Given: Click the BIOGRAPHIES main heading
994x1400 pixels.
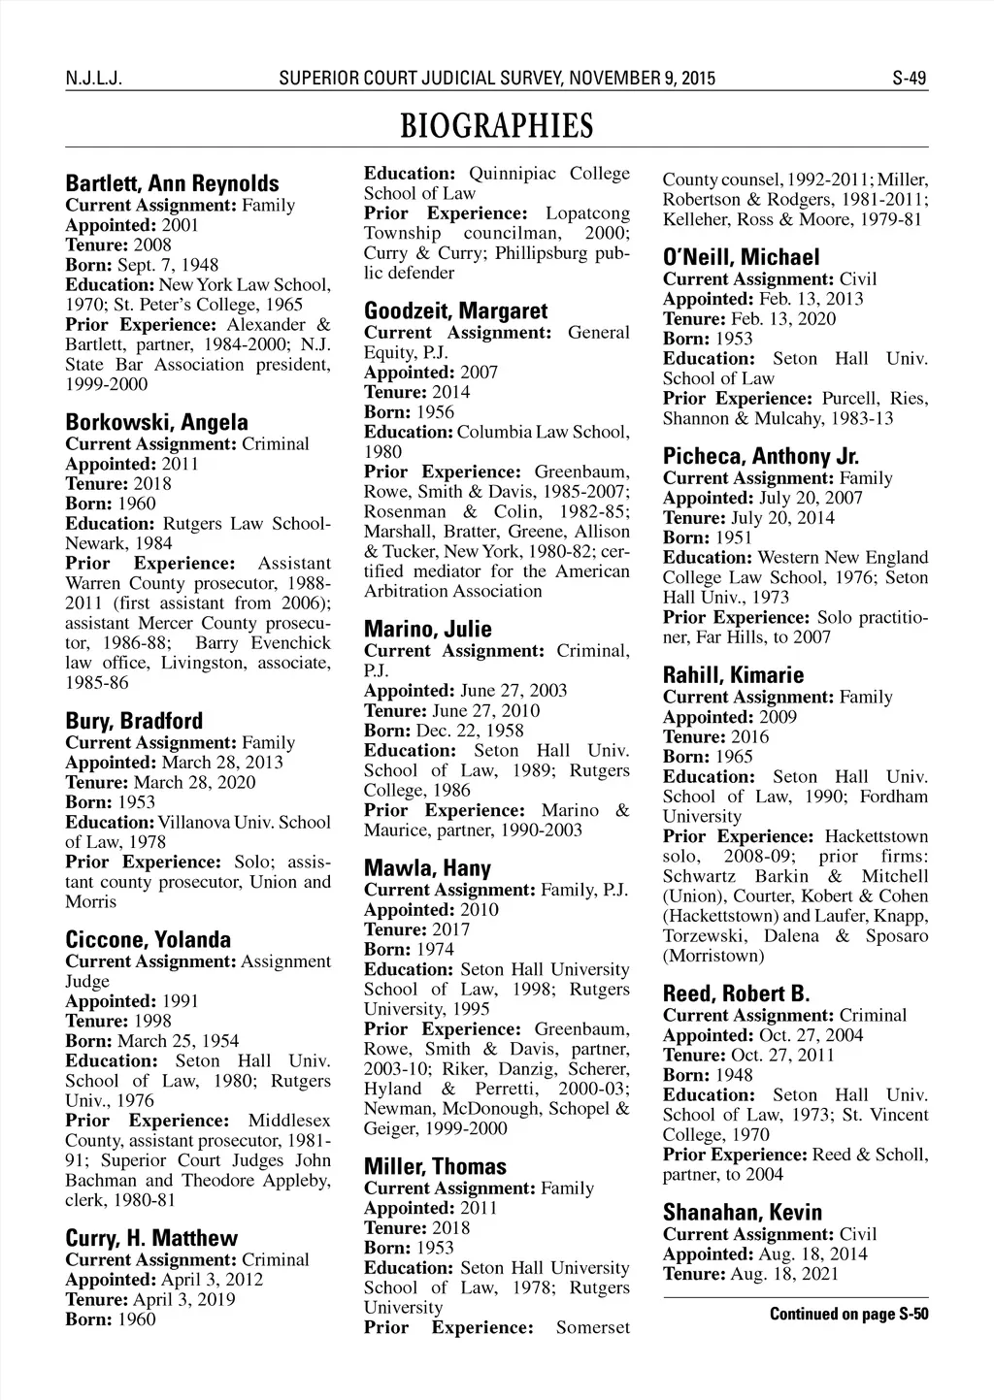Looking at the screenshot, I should coord(496,126).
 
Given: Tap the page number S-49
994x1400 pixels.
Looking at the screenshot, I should coord(910,79).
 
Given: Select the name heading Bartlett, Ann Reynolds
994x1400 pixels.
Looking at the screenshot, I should coord(172,183).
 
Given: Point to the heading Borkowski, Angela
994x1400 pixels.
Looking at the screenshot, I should coord(156,422).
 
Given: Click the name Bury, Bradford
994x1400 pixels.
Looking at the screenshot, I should coord(134,721).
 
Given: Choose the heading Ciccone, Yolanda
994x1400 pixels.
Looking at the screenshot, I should coord(148,939).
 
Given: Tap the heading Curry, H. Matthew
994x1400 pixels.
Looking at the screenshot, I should coord(150,1238).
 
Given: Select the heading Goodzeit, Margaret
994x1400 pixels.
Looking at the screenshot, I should coord(455,310).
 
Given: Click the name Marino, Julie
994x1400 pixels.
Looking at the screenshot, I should coord(427,629).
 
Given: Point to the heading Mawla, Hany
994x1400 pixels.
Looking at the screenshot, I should coord(427,867).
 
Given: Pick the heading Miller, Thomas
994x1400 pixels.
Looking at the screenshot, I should coord(435,1166).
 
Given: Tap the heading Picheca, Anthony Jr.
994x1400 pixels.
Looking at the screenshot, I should coord(761,456).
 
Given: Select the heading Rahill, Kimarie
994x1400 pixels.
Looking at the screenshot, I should coord(733,674).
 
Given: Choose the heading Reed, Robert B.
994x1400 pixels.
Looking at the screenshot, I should coord(736,993).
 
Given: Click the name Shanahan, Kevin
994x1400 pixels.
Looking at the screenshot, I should coord(742,1212).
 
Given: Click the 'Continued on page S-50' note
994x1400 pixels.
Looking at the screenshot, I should coord(848,1315).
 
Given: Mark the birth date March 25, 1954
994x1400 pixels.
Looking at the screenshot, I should coord(178,1041).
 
